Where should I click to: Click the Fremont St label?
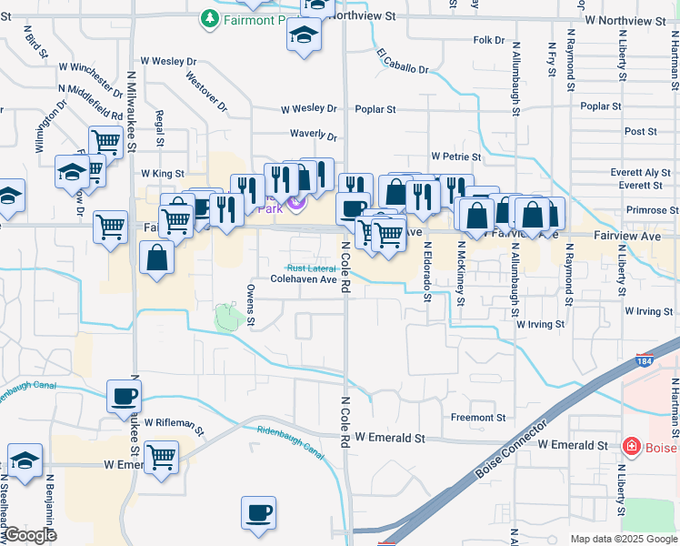478,418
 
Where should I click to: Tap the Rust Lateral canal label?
311,268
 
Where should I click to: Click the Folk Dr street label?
488,40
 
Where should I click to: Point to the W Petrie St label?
455,157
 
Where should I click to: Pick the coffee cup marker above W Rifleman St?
124,397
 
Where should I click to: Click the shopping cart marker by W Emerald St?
161,456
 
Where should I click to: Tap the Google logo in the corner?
29,535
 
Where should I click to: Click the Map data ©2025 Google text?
623,539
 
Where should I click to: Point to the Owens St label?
251,304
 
